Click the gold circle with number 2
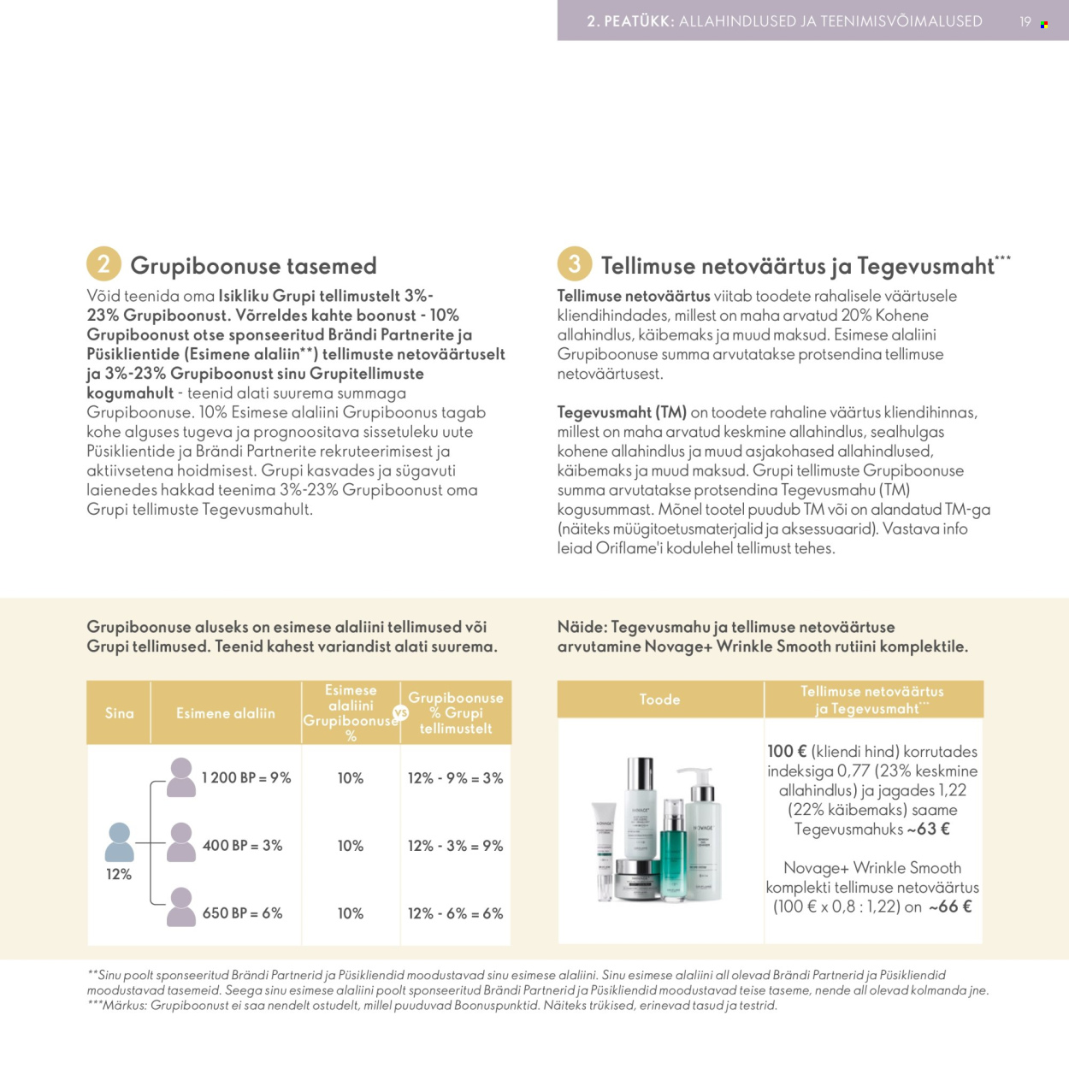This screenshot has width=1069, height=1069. point(103,263)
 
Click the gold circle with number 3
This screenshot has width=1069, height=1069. point(575,263)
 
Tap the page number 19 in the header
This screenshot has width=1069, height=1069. point(1025,22)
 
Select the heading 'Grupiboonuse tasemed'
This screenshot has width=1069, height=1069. point(253,266)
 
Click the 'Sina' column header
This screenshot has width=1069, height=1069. point(119,713)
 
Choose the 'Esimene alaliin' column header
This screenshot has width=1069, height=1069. point(226,713)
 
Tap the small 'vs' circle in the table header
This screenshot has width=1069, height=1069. point(400,712)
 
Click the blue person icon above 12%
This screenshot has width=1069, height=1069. point(119,842)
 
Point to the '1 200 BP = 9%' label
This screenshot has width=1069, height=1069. point(246,778)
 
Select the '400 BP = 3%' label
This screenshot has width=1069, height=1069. point(242,846)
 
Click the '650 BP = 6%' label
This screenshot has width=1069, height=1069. point(242,913)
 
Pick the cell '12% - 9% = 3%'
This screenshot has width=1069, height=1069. point(455,778)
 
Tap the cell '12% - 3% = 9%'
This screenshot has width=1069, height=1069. point(455,846)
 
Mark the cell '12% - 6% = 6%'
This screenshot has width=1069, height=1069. point(455,913)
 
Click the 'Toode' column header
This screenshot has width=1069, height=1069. point(659,700)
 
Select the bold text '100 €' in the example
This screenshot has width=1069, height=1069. point(787,752)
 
